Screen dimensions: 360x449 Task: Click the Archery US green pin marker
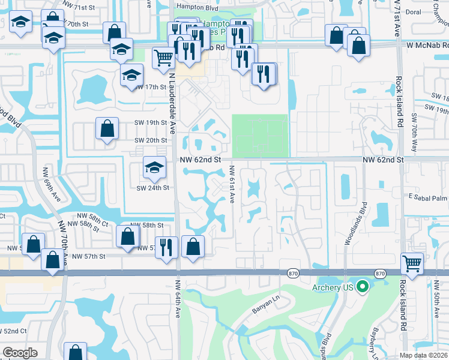361,287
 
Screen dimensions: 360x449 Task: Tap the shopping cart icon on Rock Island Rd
412,263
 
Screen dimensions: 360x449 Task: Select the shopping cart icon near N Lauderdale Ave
164,58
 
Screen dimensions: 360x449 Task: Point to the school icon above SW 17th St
132,76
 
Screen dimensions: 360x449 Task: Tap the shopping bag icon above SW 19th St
107,129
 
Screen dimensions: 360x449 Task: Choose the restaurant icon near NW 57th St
166,247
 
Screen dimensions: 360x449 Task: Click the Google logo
20,353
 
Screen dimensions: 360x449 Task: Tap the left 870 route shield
292,274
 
